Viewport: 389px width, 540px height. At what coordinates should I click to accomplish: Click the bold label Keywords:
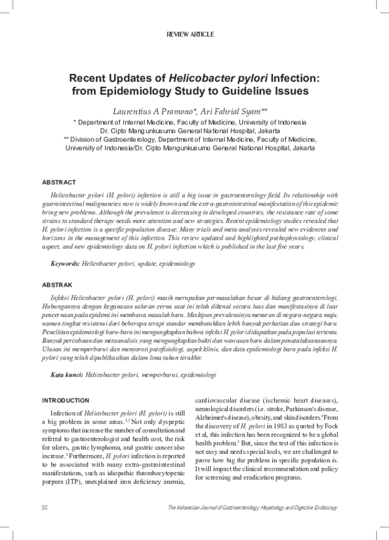click(x=65, y=264)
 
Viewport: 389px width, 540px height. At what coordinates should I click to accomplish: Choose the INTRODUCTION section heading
click(x=65, y=400)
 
